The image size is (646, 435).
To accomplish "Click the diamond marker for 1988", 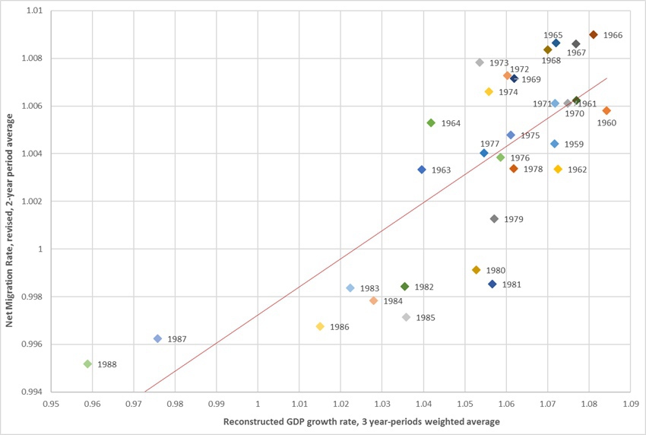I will click(x=87, y=364).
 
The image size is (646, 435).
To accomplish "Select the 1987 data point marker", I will click(x=157, y=338).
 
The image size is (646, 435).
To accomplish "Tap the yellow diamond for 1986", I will click(x=320, y=326).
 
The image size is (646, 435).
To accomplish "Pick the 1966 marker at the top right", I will click(x=594, y=34).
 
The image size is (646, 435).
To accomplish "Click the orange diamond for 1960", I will click(x=606, y=110).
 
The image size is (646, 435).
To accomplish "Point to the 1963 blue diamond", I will click(x=422, y=170).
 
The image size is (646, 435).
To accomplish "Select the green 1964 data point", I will click(x=431, y=122).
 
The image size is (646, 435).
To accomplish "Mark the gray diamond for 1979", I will click(x=494, y=219).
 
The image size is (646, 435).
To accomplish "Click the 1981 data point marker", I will click(x=492, y=284).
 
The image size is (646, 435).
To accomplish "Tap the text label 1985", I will click(x=426, y=318).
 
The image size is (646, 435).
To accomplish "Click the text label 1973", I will click(x=499, y=63).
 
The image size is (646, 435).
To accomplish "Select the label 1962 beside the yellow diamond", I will click(x=577, y=170).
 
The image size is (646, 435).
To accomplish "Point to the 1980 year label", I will click(x=496, y=270).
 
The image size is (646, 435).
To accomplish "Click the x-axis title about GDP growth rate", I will click(x=340, y=421).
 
